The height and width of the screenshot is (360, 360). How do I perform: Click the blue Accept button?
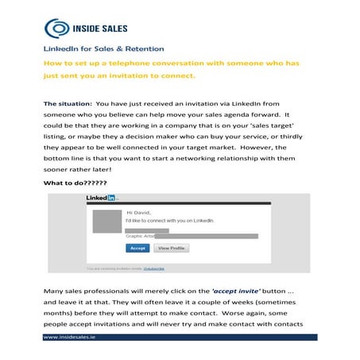tap(137, 248)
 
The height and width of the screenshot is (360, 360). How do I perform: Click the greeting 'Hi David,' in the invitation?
tap(138, 213)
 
